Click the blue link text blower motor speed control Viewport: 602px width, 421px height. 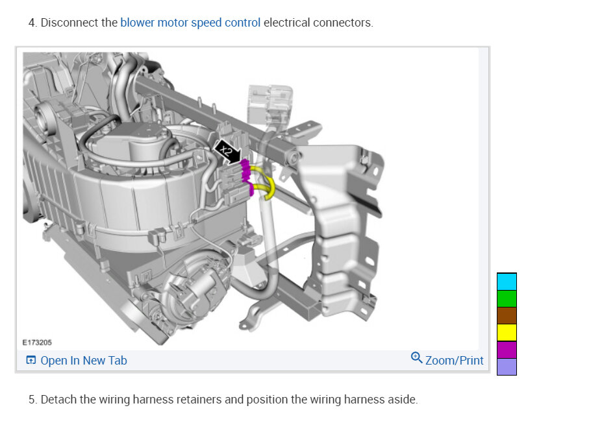190,23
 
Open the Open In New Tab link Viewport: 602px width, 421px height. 84,361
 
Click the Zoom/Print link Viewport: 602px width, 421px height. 454,361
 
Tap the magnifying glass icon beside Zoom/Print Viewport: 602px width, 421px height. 416,357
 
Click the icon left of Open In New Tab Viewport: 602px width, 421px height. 31,360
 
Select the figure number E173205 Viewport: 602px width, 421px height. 37,343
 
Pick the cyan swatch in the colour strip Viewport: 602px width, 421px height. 507,282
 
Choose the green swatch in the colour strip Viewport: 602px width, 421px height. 507,298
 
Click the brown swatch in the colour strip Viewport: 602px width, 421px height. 507,315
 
